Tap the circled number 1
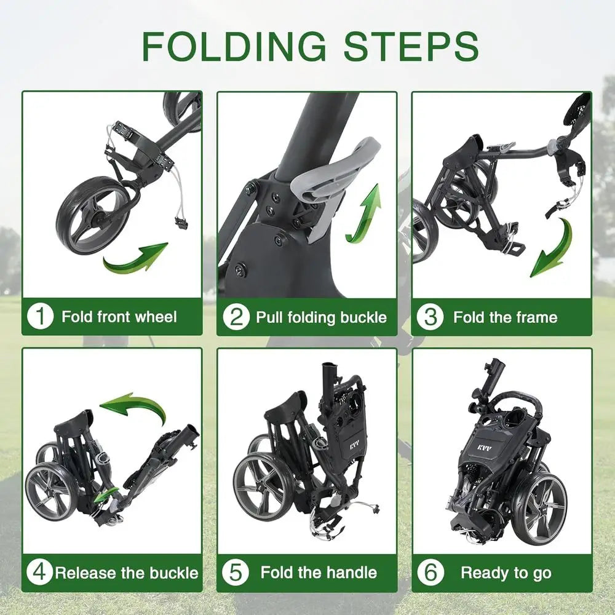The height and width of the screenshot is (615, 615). pyautogui.click(x=41, y=317)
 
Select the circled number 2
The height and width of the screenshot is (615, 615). pyautogui.click(x=236, y=317)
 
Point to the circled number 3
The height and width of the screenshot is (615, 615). pyautogui.click(x=430, y=317)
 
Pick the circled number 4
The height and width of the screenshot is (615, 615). pyautogui.click(x=39, y=573)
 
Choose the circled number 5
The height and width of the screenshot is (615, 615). pyautogui.click(x=236, y=573)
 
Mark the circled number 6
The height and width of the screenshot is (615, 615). pyautogui.click(x=430, y=573)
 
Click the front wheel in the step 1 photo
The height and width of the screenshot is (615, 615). pyautogui.click(x=92, y=215)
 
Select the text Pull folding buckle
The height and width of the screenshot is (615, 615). pyautogui.click(x=321, y=317)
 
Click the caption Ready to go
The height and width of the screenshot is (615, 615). pyautogui.click(x=506, y=573)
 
